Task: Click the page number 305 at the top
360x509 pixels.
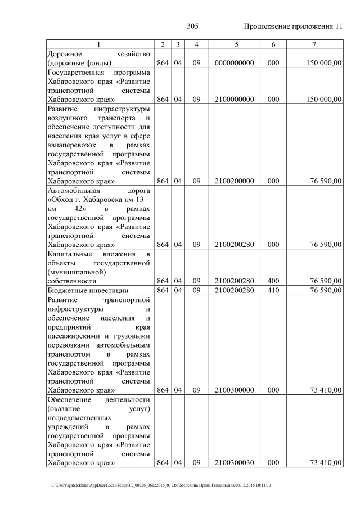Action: click(x=193, y=26)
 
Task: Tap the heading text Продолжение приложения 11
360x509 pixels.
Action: click(x=293, y=26)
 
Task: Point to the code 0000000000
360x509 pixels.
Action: click(x=236, y=63)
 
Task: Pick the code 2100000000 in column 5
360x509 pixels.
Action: click(x=236, y=100)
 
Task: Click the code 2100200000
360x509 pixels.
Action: click(x=236, y=181)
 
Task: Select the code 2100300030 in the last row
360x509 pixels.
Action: click(x=236, y=462)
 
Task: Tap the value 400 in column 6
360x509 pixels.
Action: click(x=273, y=281)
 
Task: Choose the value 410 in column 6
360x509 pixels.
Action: click(x=273, y=290)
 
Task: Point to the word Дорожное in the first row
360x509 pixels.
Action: click(x=66, y=53)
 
